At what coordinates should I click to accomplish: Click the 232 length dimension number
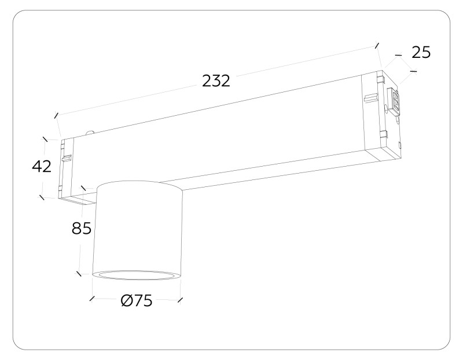216,80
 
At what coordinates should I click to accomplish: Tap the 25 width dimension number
421,52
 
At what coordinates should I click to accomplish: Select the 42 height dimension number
42,167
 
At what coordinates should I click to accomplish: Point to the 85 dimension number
82,229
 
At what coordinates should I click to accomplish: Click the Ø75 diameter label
137,302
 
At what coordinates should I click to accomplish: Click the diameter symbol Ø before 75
127,302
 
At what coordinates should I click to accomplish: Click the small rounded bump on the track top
90,133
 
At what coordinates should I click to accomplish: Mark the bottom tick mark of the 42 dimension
42,197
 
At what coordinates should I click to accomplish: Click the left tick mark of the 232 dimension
56,115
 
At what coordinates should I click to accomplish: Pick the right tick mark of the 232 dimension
377,45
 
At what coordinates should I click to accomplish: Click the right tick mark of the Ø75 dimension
181,299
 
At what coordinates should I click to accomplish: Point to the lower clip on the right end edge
384,134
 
